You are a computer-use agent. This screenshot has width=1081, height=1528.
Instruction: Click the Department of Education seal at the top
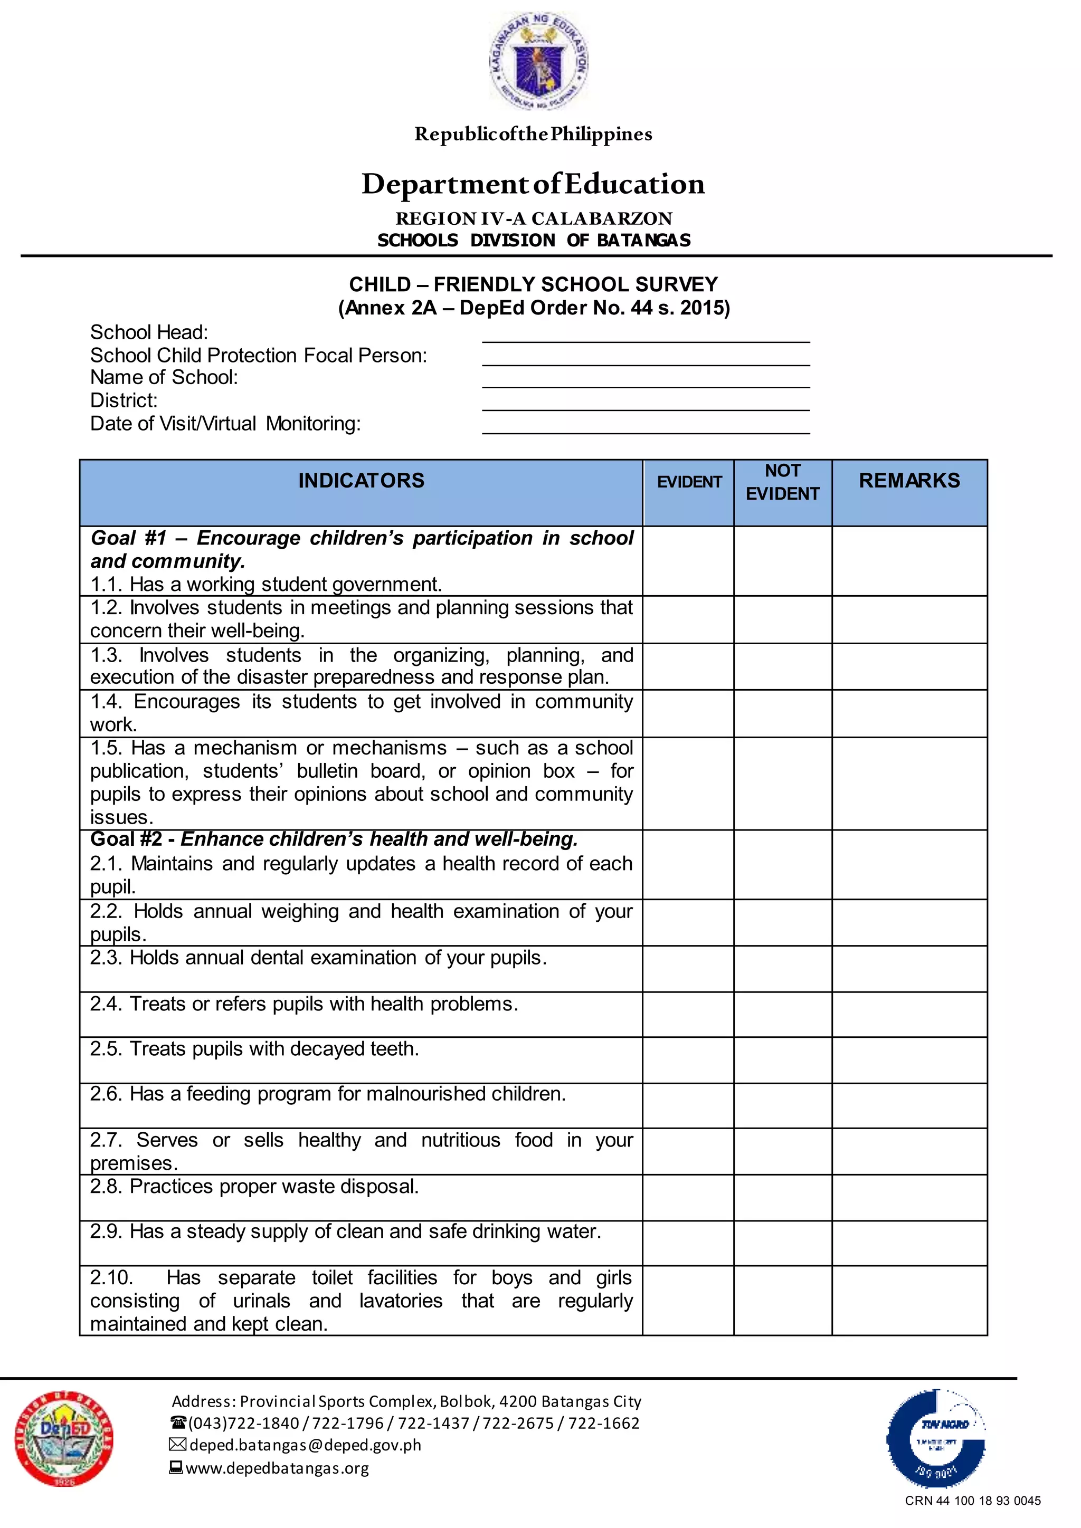click(538, 61)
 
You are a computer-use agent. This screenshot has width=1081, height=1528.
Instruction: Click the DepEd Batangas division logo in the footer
click(64, 1439)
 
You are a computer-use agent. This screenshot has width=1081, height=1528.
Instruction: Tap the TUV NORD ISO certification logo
click(936, 1438)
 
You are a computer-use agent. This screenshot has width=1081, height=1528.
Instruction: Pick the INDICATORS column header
click(361, 481)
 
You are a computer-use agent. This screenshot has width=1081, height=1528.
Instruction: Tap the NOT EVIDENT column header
click(782, 482)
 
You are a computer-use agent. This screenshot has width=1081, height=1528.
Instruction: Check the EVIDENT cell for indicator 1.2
click(688, 619)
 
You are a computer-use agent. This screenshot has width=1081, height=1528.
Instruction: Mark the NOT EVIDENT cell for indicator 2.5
click(782, 1059)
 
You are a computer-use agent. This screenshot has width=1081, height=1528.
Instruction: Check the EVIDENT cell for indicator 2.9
click(688, 1243)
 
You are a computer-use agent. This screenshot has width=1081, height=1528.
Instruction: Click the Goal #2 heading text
click(334, 839)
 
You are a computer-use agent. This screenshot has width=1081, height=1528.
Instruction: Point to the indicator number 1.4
click(106, 701)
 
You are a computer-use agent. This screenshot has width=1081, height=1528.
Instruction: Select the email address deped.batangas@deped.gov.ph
click(305, 1445)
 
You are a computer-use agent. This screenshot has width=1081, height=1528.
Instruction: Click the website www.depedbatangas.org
click(277, 1467)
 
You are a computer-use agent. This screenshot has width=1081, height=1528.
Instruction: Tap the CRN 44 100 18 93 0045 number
click(972, 1501)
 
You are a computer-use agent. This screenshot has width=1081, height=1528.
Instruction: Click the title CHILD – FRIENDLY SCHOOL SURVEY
click(533, 284)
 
